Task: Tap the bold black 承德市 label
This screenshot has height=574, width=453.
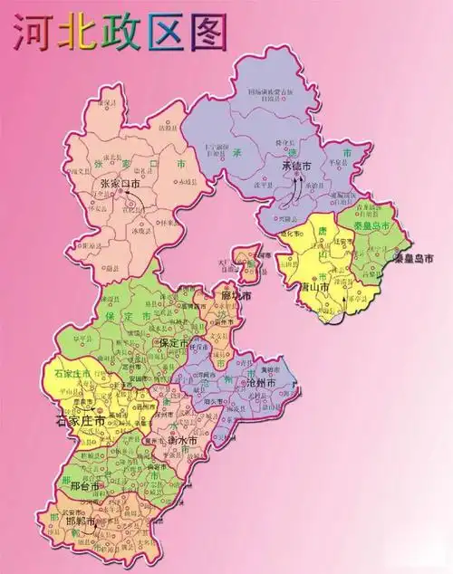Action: click(x=296, y=167)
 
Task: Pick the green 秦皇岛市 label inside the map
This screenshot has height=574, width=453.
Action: click(x=371, y=223)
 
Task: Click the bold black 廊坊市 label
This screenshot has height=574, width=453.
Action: click(x=235, y=296)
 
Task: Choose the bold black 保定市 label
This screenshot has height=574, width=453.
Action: click(x=173, y=344)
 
